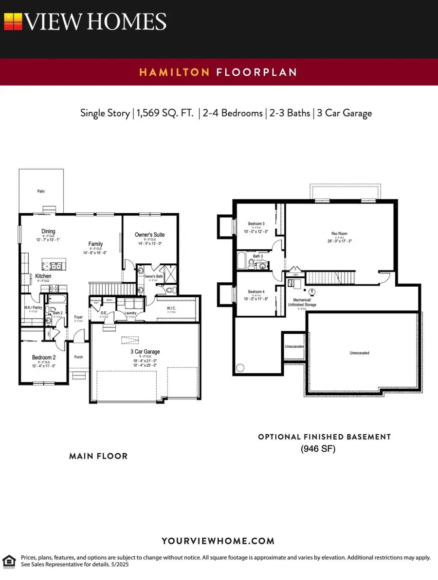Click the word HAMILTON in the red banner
[x=174, y=72]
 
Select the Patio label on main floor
[x=41, y=191]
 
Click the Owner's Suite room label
[x=149, y=235]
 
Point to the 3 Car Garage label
[x=145, y=351]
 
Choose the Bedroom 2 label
[x=44, y=358]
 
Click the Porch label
[x=78, y=357]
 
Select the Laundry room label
[x=130, y=313]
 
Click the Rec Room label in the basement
[x=339, y=234]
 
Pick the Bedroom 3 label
[x=256, y=224]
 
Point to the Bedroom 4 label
[x=256, y=291]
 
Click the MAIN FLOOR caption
[x=98, y=456]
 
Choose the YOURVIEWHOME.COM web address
[x=218, y=541]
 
